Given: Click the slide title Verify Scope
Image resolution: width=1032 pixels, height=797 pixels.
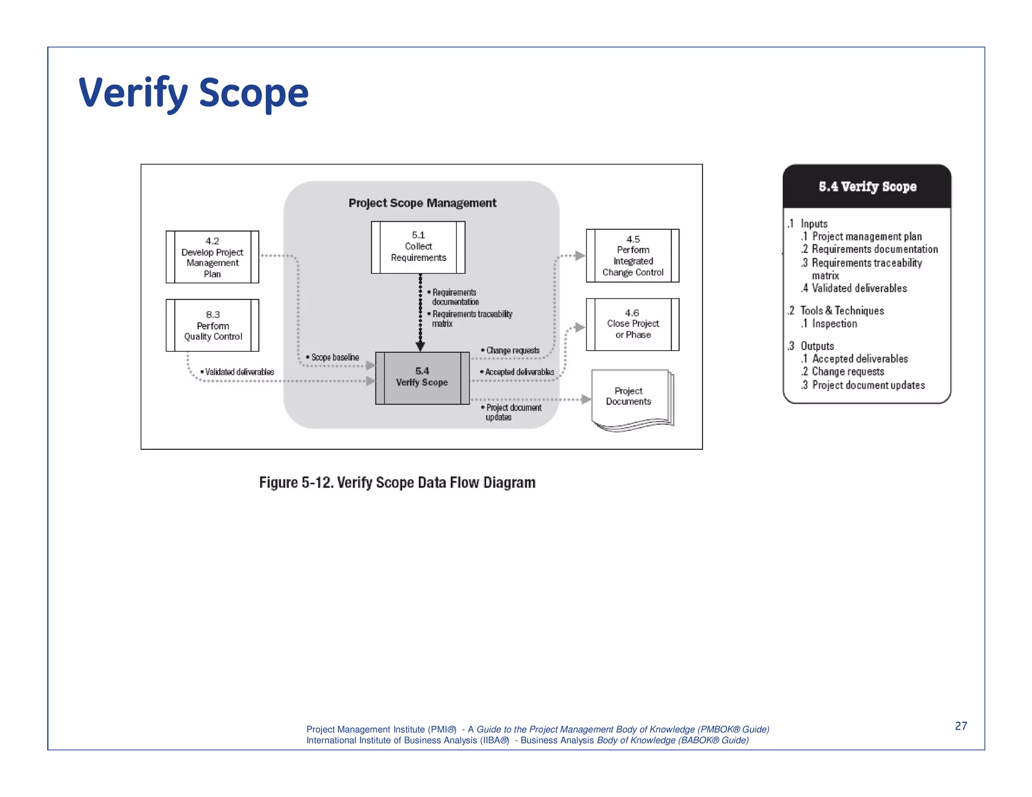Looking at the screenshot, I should coord(193,93).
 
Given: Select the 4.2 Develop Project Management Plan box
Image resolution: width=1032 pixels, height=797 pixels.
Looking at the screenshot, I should coord(212,257).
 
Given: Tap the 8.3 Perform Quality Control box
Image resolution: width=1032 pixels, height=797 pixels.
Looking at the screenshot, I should coord(212,325).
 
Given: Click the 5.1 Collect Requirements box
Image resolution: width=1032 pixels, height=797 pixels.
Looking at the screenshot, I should coord(418,247).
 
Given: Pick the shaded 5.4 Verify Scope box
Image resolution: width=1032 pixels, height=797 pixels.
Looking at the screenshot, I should coord(422,377).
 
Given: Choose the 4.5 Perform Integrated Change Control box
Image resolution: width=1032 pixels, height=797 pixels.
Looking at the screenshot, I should coord(632,256).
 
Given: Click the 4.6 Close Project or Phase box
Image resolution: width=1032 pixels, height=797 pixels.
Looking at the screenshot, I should coord(632,324).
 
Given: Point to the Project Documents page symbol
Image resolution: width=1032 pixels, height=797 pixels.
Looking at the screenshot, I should coord(630,398).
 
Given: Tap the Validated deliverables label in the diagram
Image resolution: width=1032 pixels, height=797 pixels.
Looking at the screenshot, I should coord(238,372).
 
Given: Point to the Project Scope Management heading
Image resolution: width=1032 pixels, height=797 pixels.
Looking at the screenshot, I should coord(422,203).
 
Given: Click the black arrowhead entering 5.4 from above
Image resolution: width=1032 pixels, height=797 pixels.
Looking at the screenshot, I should coord(420,347).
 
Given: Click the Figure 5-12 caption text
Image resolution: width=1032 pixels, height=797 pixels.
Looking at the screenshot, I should coord(397,482).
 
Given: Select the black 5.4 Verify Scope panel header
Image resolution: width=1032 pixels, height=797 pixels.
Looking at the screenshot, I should coord(867,186).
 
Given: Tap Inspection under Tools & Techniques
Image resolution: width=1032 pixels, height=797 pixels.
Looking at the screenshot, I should coord(834,323).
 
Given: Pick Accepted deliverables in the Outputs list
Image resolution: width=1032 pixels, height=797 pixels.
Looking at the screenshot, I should coord(859,359).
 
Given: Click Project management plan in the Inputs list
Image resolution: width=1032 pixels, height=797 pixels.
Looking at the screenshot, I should coord(866,236).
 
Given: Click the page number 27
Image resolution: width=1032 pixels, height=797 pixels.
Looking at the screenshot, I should coord(960,725).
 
